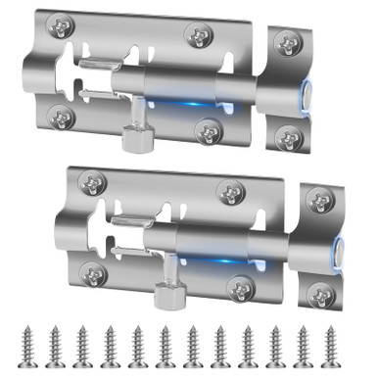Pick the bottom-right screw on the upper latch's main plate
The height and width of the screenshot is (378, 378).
click(x=208, y=128)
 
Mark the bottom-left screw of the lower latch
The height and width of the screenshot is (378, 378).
click(x=94, y=274)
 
